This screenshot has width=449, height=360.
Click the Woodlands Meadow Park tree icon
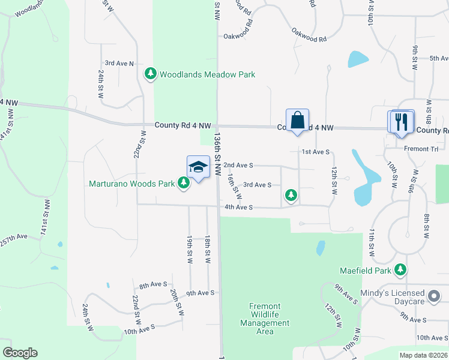(150, 74)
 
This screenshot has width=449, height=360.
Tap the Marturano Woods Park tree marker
(184, 184)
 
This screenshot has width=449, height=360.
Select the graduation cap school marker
(199, 167)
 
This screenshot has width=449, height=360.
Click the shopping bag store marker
(298, 120)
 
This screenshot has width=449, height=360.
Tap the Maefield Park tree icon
(400, 271)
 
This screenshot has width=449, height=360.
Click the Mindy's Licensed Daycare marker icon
(434, 297)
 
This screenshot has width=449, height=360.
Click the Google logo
(20, 353)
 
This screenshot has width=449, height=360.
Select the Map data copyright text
(424, 355)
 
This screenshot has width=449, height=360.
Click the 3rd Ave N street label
(119, 63)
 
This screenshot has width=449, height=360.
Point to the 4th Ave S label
(239, 208)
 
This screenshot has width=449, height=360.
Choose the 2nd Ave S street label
(238, 164)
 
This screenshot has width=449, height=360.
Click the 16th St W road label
(235, 187)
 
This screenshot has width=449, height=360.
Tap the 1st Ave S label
(316, 152)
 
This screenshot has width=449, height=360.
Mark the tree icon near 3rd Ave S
(291, 195)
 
